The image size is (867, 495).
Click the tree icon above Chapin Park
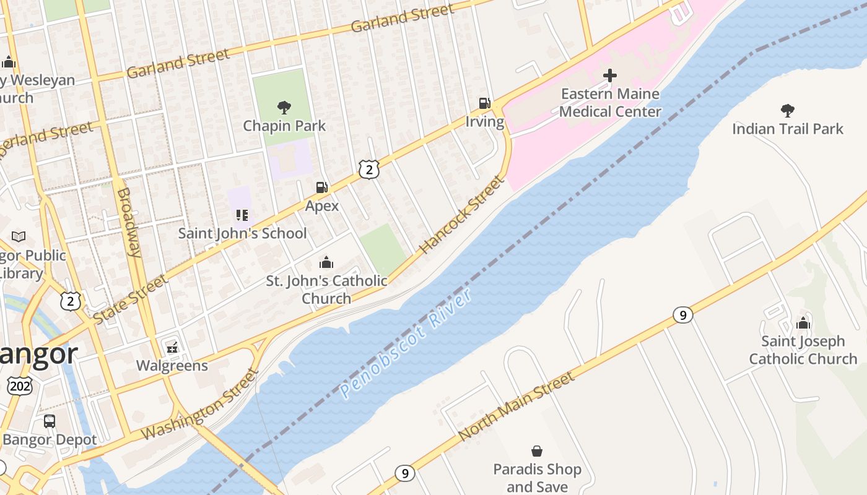tap(284, 108)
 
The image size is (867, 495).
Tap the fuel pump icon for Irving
tap(484, 103)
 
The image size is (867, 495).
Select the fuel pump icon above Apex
tap(321, 187)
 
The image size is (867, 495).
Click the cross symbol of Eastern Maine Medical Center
tap(610, 75)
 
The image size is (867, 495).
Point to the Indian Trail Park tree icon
tap(787, 111)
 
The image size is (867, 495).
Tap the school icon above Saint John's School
tap(242, 215)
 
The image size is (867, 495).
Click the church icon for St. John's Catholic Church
tap(326, 262)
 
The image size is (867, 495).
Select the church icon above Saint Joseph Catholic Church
tap(803, 323)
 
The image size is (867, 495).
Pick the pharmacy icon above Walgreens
tap(172, 348)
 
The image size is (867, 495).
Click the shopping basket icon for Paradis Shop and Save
tap(537, 451)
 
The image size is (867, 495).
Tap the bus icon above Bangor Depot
tap(50, 421)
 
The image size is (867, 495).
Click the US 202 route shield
tap(19, 386)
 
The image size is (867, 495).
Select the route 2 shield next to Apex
tap(368, 170)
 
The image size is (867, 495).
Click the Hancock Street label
tap(462, 215)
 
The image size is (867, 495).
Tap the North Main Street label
tap(516, 407)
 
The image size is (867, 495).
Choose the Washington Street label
tap(199, 405)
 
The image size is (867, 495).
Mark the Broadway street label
tap(129, 222)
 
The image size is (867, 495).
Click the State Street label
tap(130, 299)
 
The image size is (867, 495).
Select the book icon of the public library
tap(19, 237)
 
